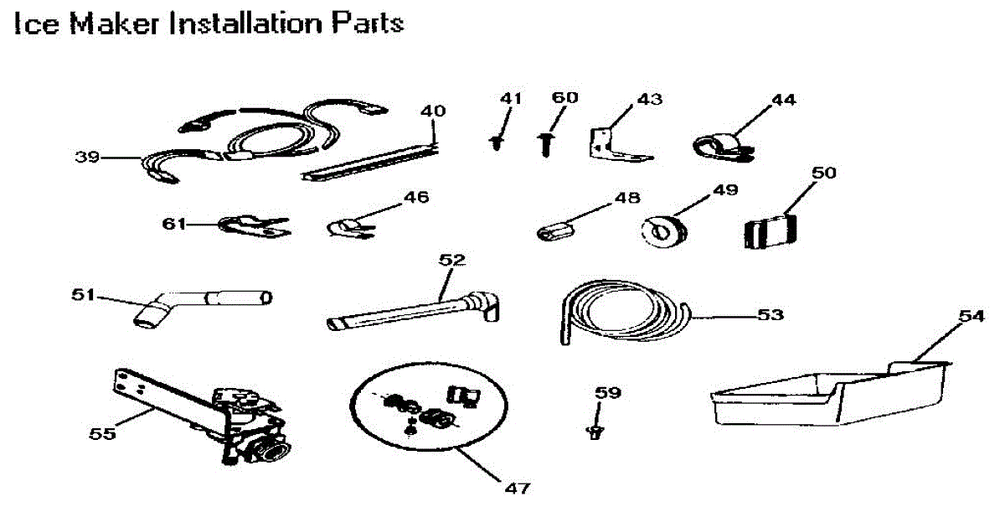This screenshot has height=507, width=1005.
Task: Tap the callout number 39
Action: (86, 156)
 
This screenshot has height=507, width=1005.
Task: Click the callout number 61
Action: (174, 224)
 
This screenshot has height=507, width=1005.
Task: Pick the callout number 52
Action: (451, 261)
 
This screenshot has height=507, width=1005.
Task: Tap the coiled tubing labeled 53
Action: (620, 315)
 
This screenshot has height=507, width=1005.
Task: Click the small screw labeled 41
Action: (498, 143)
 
